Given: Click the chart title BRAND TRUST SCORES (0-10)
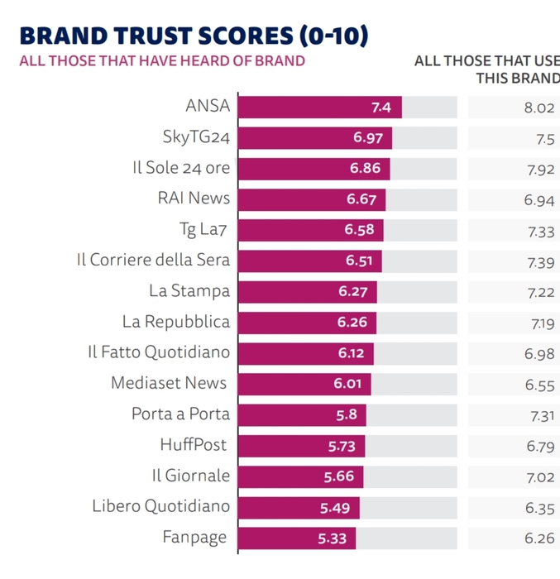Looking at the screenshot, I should point(193,36).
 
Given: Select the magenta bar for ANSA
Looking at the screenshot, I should point(319,108).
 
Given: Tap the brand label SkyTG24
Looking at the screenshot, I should point(196,138).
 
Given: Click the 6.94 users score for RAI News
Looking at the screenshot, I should point(538,199).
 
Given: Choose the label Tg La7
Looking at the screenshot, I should point(204,230).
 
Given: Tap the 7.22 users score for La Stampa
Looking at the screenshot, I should point(538,291).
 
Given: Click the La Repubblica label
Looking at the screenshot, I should point(175,322).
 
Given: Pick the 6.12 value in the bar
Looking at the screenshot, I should point(351,353).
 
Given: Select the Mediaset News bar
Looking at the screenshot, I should point(304,384).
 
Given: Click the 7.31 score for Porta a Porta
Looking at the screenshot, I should point(538,414).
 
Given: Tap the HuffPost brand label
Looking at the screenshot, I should point(194,445).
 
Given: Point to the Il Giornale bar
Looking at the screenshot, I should point(300,476).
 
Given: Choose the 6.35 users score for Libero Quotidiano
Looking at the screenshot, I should point(538,506).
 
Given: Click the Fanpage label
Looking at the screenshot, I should point(195,538).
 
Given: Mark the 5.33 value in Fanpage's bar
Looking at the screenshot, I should point(334,539).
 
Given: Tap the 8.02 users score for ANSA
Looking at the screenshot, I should point(538,108).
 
